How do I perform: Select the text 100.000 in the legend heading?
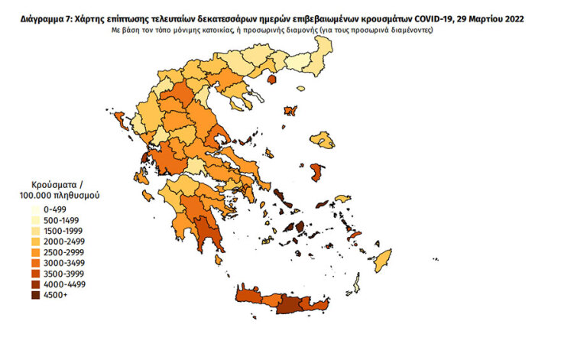coord(45,196)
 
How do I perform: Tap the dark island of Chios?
coord(314,174)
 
